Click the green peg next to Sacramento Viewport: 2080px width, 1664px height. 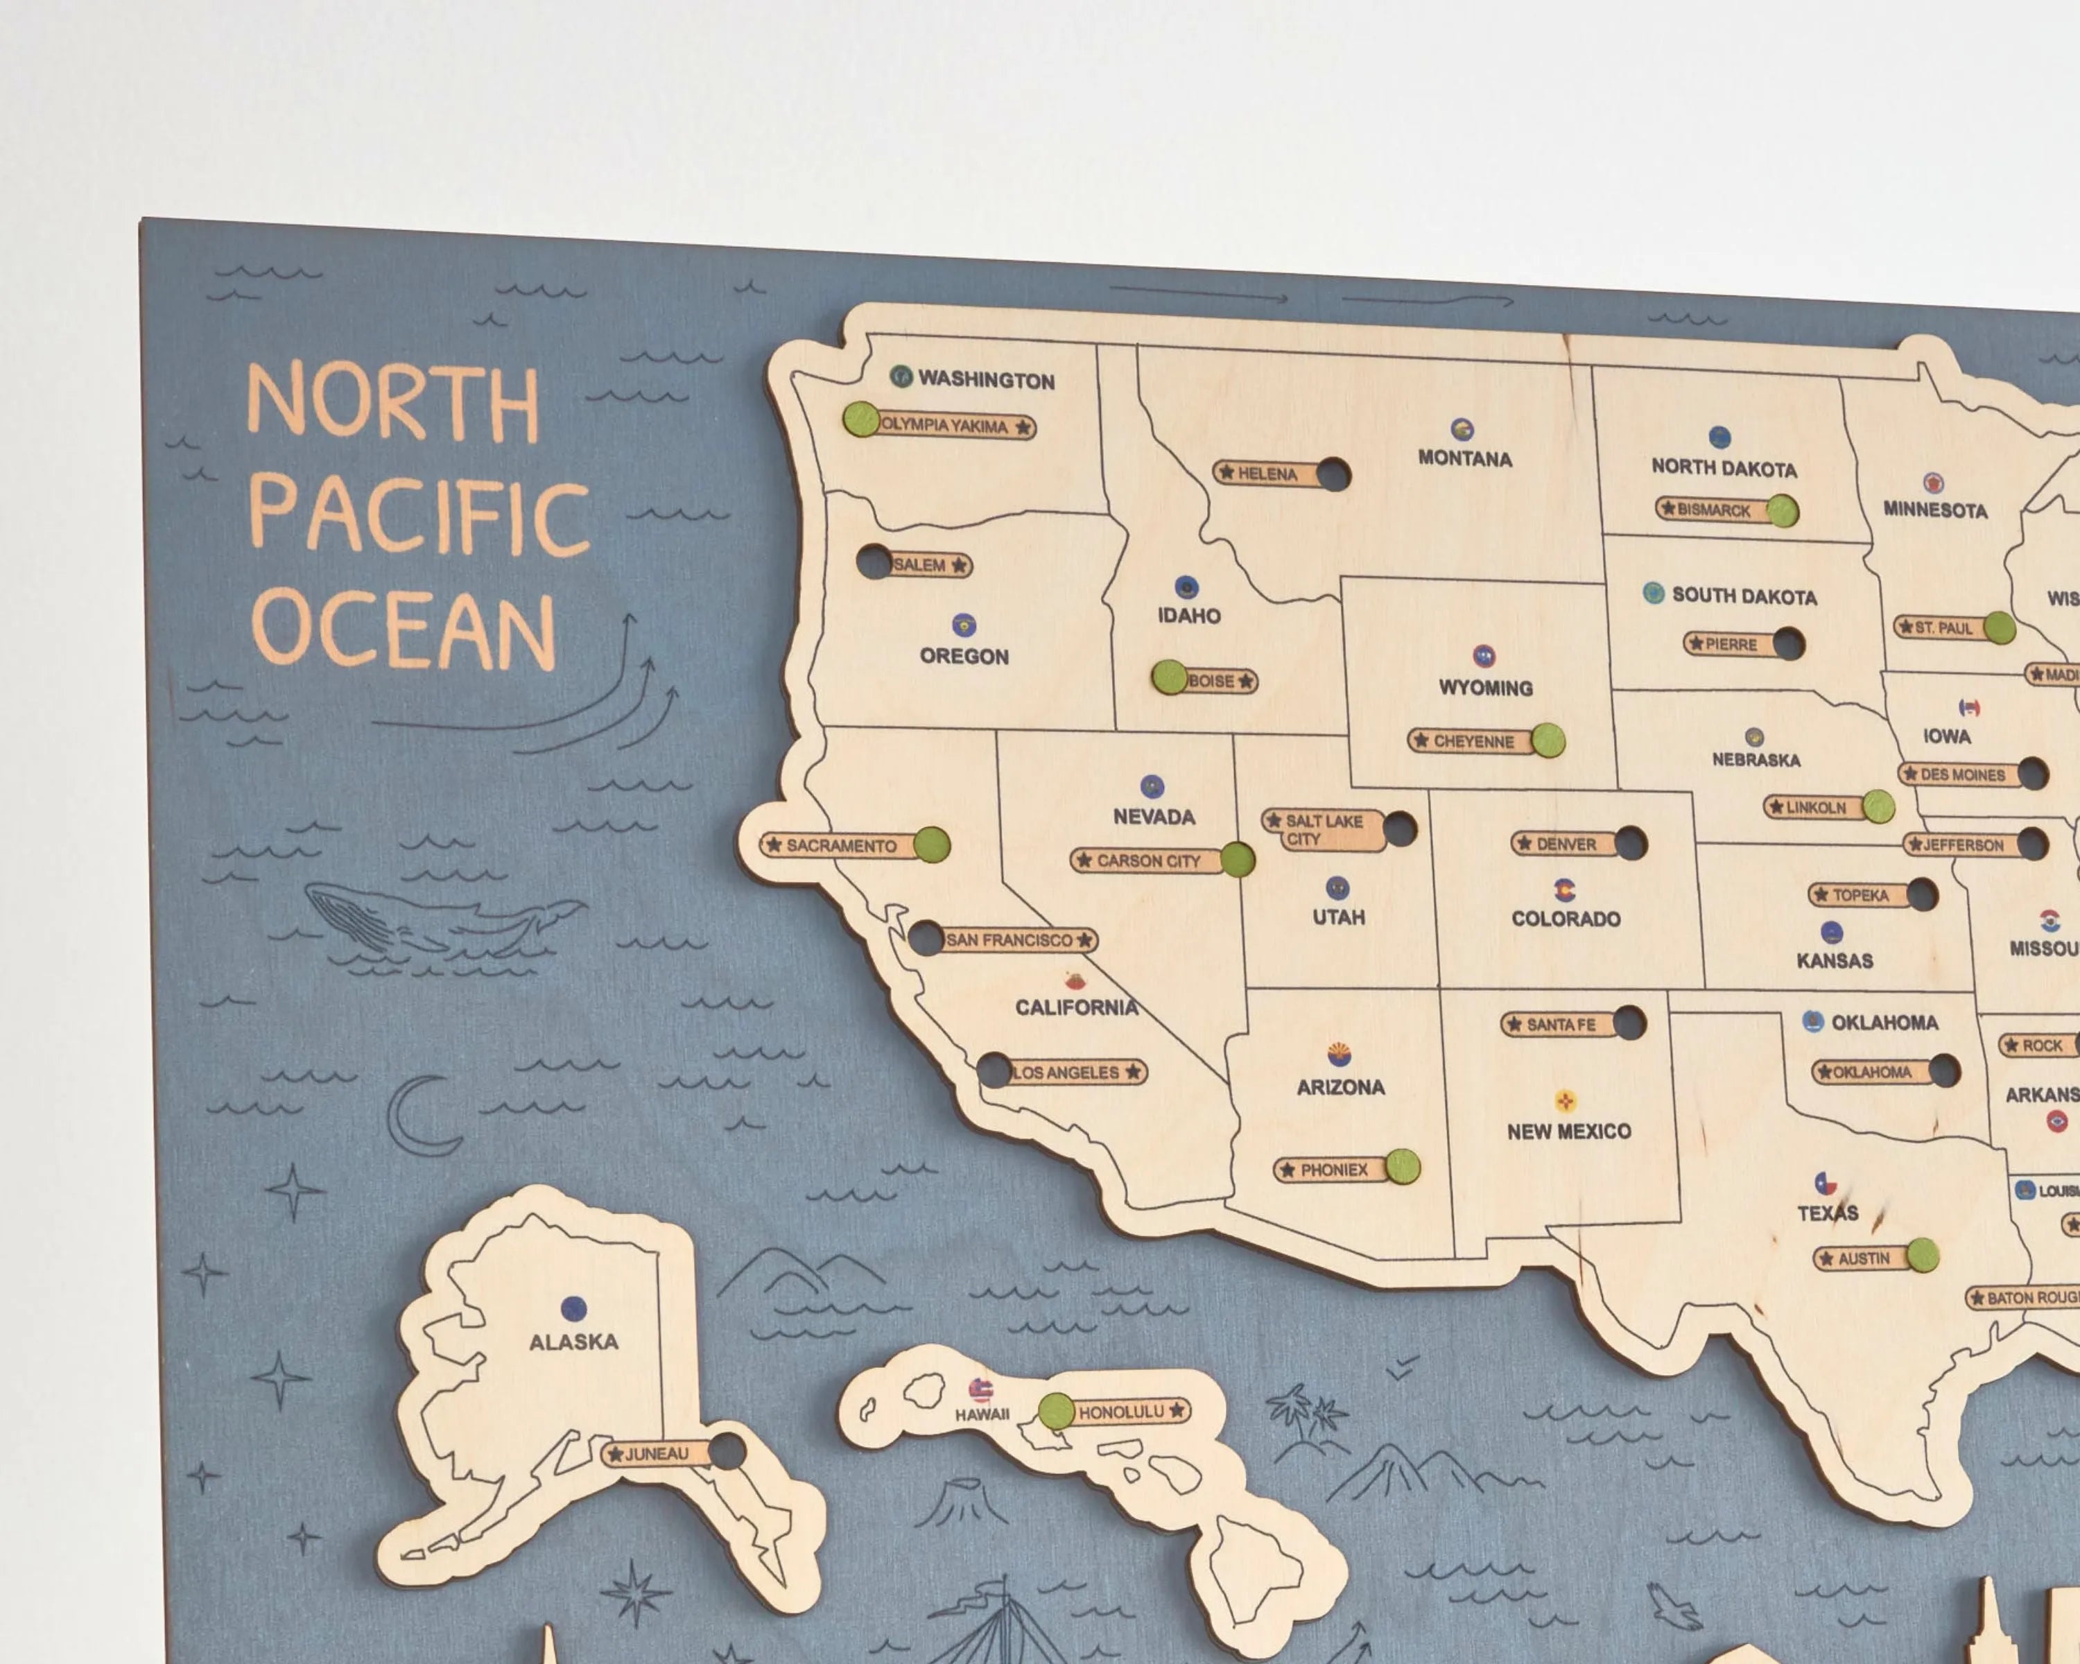[x=931, y=844]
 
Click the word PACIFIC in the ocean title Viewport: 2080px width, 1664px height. [x=419, y=518]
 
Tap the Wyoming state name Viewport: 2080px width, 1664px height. [x=1484, y=688]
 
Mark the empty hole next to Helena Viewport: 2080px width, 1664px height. [x=1333, y=474]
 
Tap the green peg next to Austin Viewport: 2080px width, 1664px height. [x=1922, y=1255]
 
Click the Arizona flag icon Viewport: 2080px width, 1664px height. [x=1339, y=1053]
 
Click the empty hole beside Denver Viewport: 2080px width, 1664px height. [x=1631, y=843]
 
